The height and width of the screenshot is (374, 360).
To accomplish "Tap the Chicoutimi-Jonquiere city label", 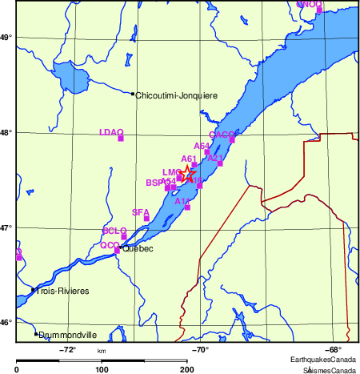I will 177,95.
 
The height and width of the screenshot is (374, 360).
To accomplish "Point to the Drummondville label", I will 68,336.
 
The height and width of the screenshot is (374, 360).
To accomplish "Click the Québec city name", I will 138,248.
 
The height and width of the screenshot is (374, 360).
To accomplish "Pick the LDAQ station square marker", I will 121,139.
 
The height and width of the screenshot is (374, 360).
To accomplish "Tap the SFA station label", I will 141,212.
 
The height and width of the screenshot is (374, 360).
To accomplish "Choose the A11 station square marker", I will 187,207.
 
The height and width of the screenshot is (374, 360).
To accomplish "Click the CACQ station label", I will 222,135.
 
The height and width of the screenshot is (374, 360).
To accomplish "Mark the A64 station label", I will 202,146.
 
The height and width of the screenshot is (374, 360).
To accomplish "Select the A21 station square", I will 221,163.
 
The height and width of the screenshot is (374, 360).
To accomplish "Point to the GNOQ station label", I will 309,4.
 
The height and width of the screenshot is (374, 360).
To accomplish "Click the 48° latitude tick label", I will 5,132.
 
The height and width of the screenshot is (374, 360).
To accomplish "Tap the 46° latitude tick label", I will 5,322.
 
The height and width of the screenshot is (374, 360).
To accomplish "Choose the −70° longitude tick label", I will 200,350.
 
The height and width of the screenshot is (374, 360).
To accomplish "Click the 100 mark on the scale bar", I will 102,369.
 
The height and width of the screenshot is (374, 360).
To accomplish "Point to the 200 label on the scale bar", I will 186,369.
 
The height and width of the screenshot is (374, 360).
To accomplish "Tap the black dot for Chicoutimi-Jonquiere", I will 133,94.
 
